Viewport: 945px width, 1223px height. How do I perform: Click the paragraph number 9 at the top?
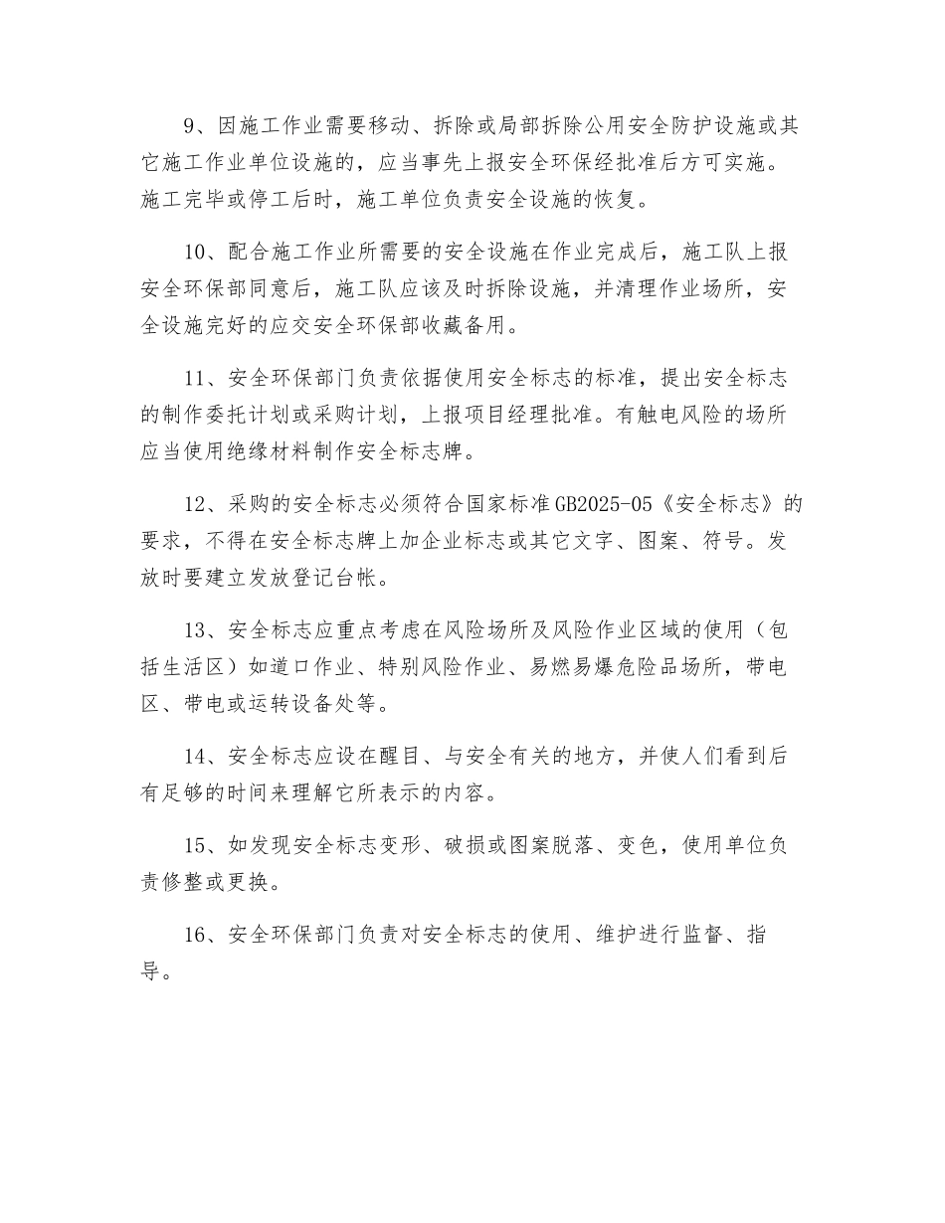(x=191, y=126)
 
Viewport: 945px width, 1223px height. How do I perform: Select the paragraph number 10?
(x=196, y=252)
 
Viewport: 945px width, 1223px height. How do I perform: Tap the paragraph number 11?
(x=196, y=378)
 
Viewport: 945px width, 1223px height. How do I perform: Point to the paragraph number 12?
(x=196, y=504)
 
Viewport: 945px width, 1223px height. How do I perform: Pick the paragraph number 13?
(x=196, y=630)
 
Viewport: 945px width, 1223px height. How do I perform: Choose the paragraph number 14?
(x=196, y=757)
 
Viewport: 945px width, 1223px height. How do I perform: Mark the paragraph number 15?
(x=196, y=846)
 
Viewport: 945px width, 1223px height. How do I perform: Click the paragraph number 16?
(x=196, y=936)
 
